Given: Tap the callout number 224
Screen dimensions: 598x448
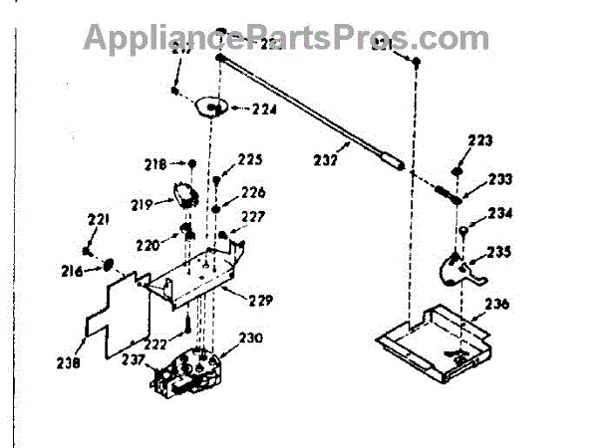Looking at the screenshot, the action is click(263, 111).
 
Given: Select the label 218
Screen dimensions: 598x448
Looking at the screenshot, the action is click(155, 163).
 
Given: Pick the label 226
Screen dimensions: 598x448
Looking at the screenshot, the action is click(253, 192).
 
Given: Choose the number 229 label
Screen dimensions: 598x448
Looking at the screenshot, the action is click(260, 301).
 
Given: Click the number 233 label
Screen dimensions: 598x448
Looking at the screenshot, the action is click(499, 180).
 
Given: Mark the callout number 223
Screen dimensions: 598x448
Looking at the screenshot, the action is click(479, 141).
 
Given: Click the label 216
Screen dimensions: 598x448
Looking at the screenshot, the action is click(74, 271).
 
